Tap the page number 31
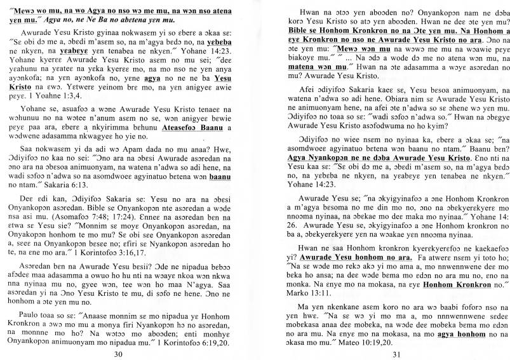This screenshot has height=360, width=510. [380, 354]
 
